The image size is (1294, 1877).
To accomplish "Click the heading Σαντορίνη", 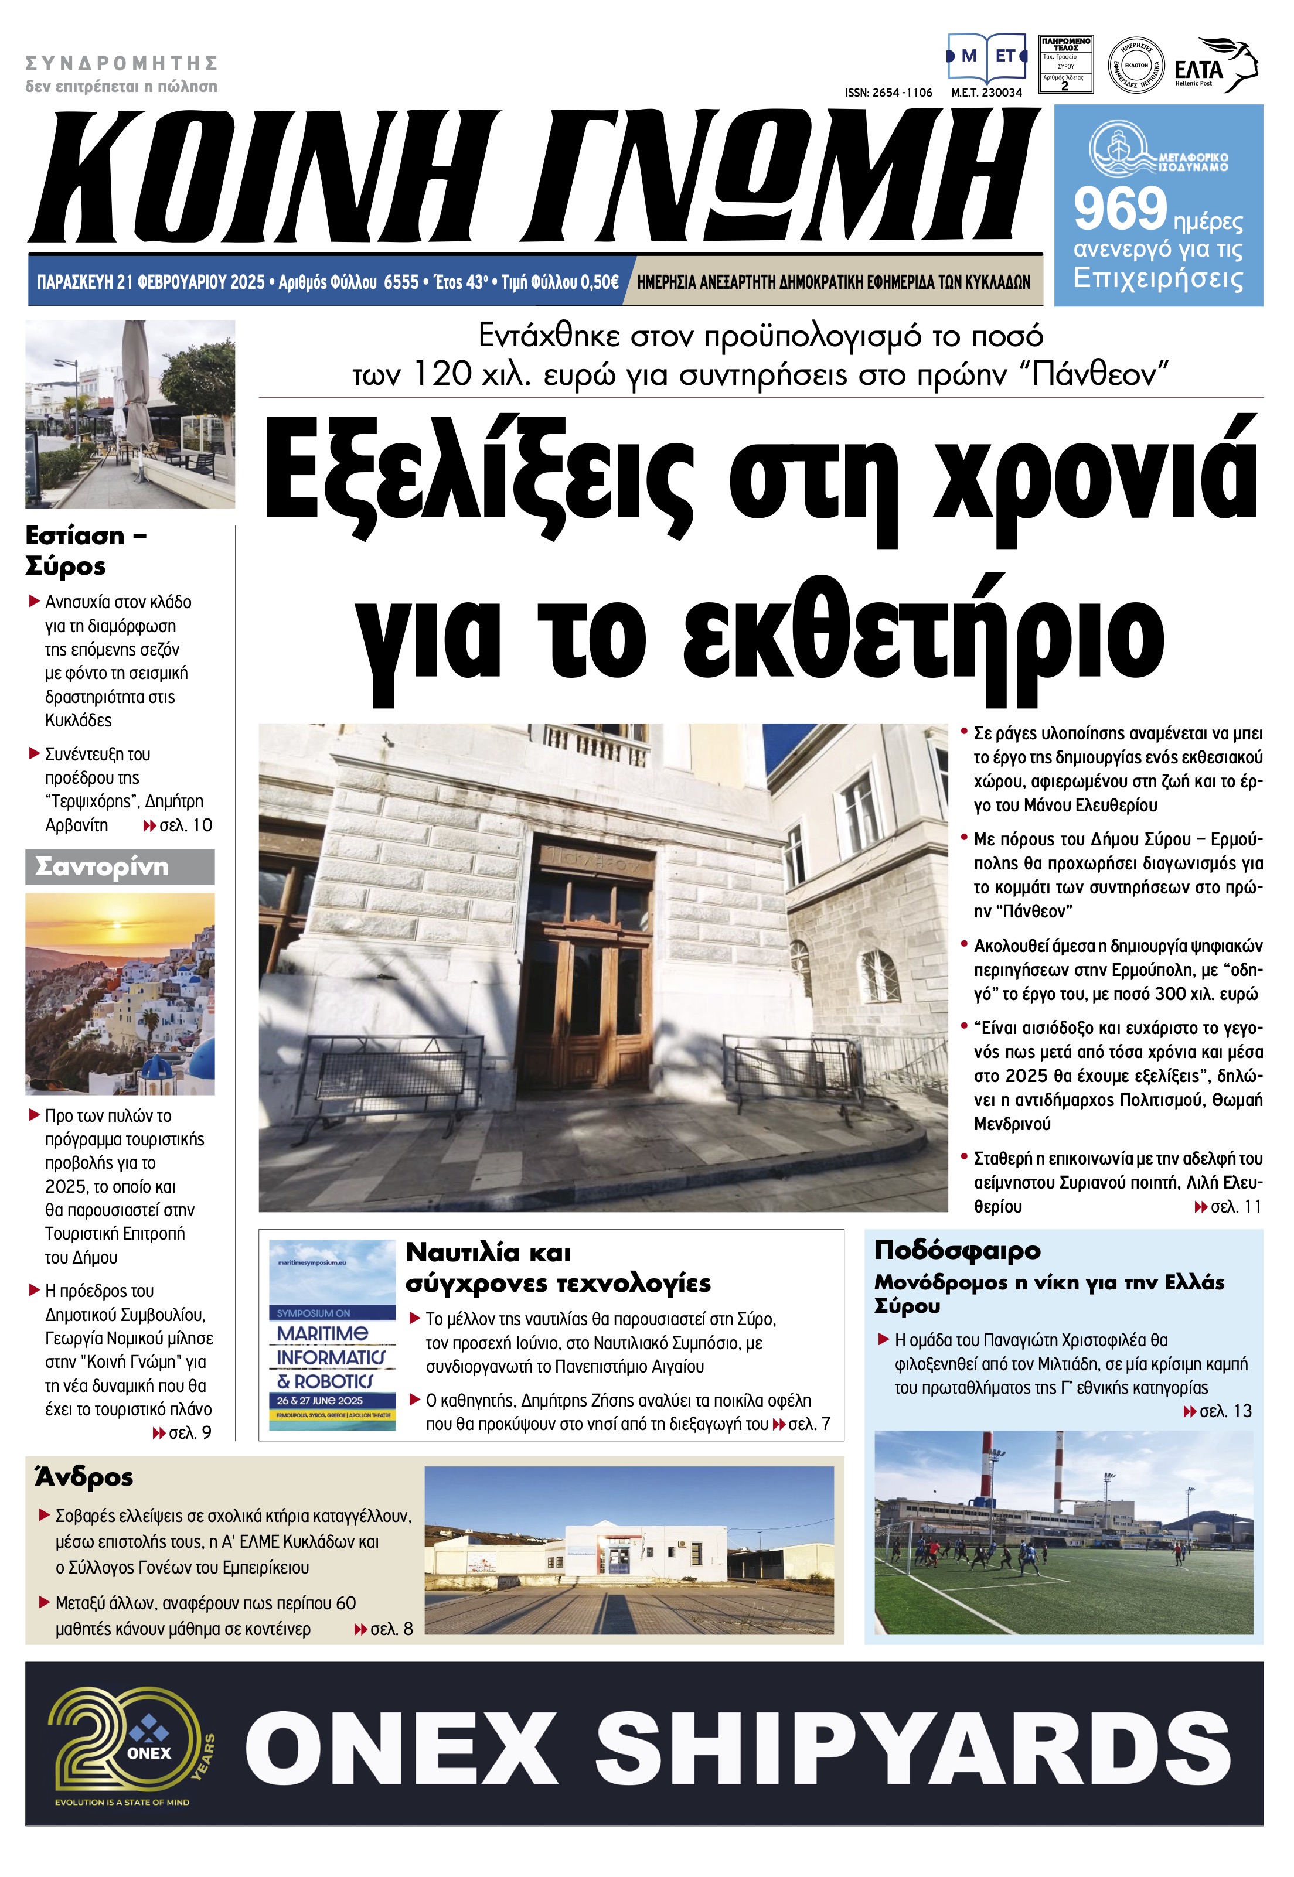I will (x=102, y=867).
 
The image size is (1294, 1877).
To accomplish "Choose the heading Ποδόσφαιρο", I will (x=956, y=1251).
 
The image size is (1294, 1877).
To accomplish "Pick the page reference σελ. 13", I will (x=1224, y=1411).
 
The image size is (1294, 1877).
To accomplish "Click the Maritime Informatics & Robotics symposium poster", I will (x=332, y=1336).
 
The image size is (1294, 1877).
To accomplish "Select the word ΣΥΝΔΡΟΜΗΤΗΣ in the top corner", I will (x=122, y=63).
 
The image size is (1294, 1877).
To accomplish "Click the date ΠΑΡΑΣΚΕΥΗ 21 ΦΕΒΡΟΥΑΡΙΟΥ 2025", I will (x=151, y=282).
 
